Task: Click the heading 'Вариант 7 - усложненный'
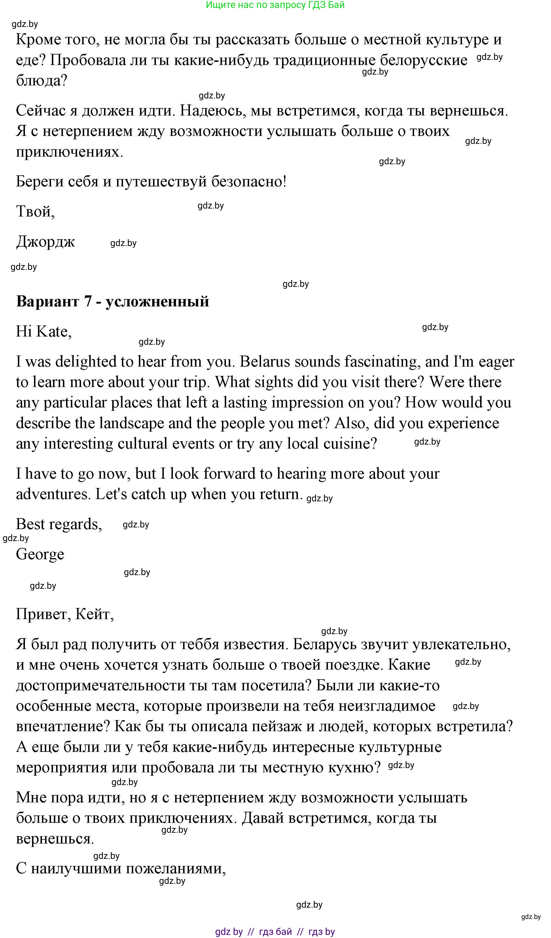tap(112, 301)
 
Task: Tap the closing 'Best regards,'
tap(59, 524)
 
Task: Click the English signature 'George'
tap(40, 554)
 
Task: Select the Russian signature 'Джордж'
tap(45, 242)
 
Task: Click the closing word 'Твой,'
tap(35, 211)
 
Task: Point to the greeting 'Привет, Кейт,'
tap(65, 615)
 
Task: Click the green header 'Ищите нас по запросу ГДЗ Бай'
tap(275, 5)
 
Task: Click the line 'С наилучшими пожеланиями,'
tap(121, 868)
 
